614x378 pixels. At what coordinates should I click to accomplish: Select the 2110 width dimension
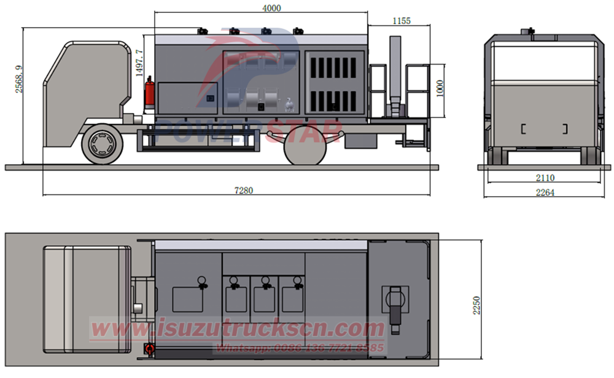click(544, 178)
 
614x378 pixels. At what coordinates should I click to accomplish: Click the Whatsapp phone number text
click(299, 348)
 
